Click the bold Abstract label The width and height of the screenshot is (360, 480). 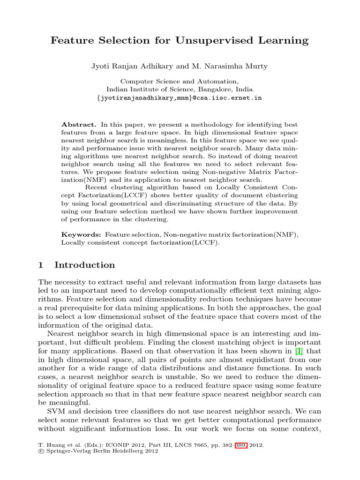click(79, 125)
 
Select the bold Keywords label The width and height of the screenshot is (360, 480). click(81, 234)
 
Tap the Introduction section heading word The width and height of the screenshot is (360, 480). click(84, 265)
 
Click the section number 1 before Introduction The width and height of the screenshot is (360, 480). click(41, 265)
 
